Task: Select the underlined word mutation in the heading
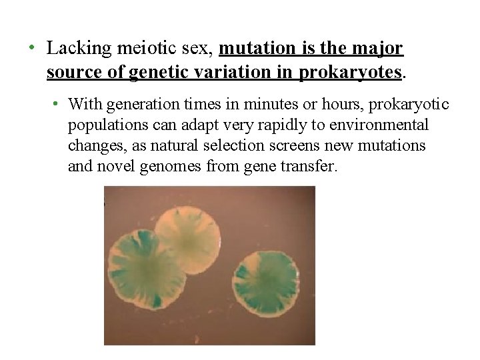pos(250,49)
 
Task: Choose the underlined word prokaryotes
pos(351,72)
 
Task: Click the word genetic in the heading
pos(157,72)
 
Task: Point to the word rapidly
pos(283,125)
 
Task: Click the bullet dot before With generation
pos(58,105)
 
